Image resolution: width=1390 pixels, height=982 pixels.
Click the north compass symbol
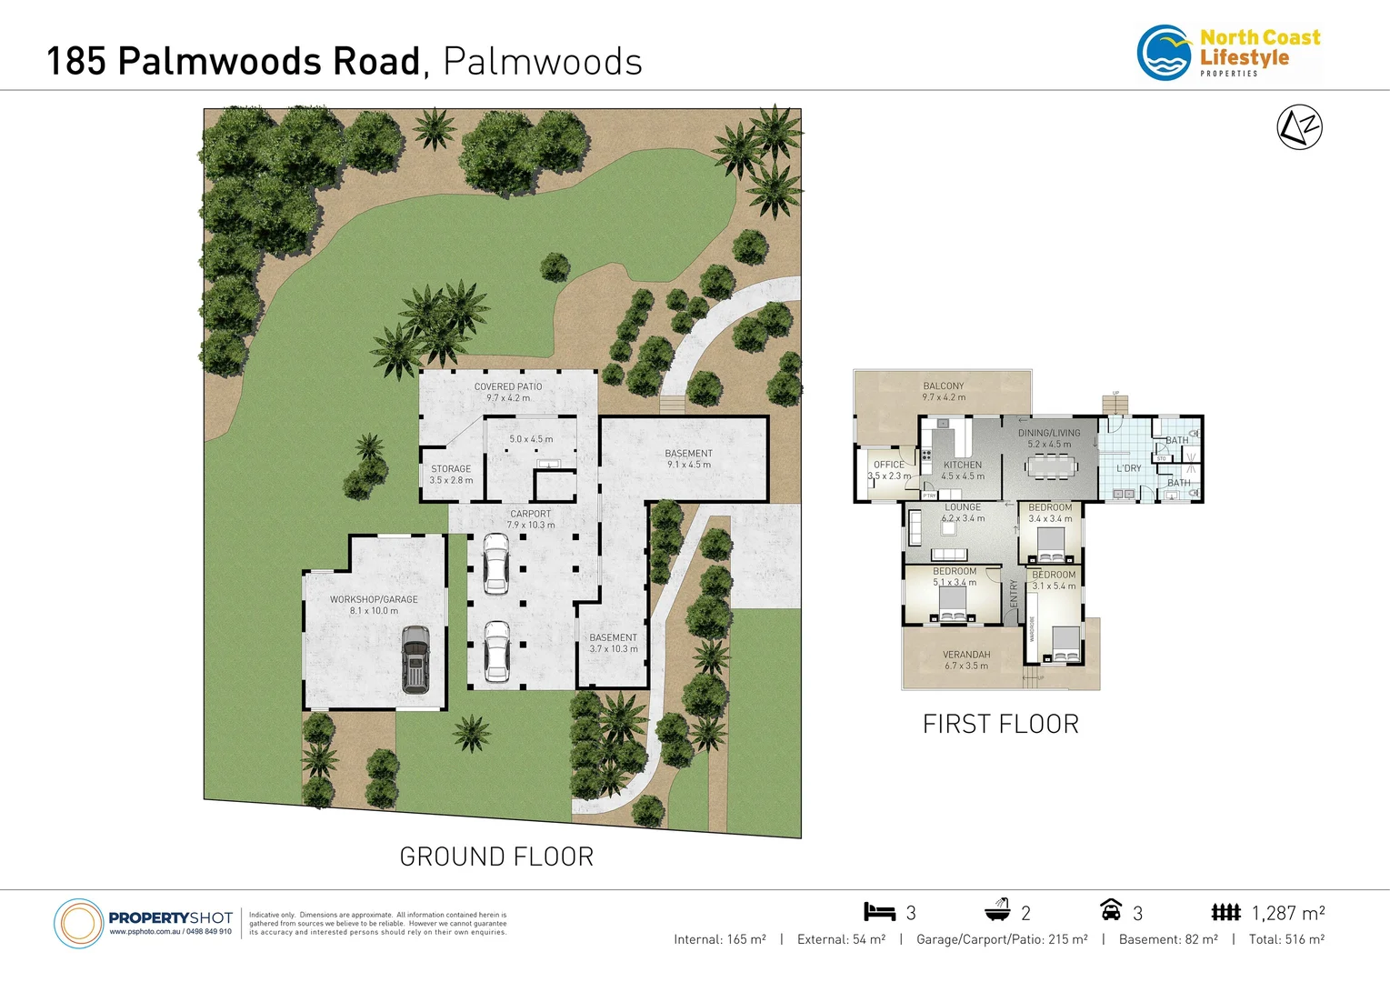[1299, 127]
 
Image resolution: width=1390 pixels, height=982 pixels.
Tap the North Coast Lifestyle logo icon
[1165, 54]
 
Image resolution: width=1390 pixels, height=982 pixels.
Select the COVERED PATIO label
[508, 387]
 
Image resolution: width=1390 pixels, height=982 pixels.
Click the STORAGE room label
[451, 469]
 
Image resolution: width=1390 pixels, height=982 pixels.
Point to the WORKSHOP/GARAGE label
[374, 600]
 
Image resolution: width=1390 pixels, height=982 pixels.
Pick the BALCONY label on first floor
[943, 386]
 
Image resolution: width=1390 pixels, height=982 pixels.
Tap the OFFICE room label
[888, 465]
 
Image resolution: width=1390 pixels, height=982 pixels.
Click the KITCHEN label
[963, 465]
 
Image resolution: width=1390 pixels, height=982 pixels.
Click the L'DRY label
[1128, 468]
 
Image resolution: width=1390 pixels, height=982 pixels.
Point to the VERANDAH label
[966, 655]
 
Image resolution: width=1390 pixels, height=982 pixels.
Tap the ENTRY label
[1014, 593]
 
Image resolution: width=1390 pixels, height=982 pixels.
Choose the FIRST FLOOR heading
[1000, 724]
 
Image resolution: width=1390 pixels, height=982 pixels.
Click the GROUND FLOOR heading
[496, 857]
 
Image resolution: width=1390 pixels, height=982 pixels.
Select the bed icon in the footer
[879, 911]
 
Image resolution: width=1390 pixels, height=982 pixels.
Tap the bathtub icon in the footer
[997, 910]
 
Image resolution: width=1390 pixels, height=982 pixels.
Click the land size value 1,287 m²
[1287, 913]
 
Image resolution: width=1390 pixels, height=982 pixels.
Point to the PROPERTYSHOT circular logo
[79, 924]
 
